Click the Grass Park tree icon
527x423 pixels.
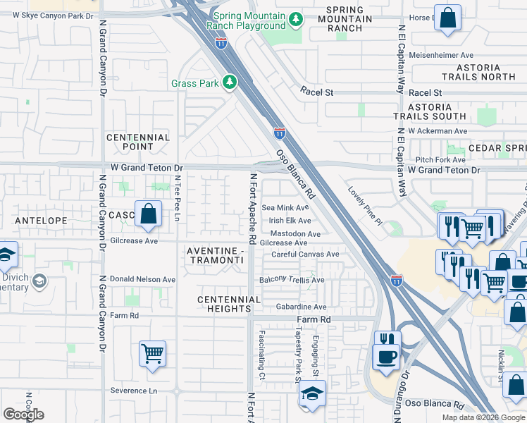click(229, 83)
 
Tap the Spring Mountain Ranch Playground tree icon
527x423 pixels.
click(297, 18)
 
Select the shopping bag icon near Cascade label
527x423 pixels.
click(149, 214)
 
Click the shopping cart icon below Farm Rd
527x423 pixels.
click(152, 353)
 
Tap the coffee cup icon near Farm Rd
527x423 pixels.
click(386, 355)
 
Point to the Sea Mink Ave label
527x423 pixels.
click(285, 208)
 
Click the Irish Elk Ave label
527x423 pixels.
click(285, 221)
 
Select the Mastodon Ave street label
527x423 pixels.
click(296, 234)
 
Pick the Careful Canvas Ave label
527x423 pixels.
click(306, 255)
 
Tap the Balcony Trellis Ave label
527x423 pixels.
click(292, 280)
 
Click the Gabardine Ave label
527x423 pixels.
click(301, 307)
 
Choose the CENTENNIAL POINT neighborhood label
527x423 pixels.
click(138, 142)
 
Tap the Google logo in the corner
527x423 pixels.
click(24, 415)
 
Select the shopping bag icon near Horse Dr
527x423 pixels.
click(447, 19)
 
